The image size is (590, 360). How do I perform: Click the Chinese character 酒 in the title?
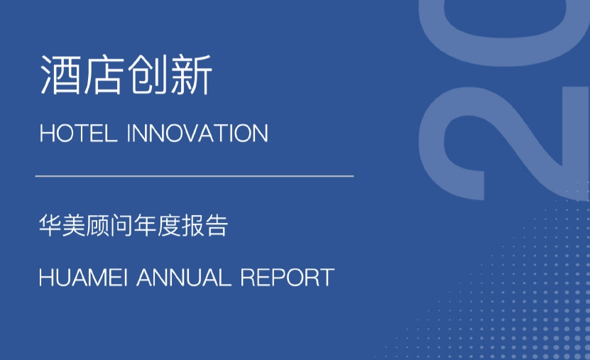click(60, 75)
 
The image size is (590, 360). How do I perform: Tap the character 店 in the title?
click(104, 75)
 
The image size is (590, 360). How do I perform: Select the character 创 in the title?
click(147, 75)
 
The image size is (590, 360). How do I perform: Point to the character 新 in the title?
click(191, 75)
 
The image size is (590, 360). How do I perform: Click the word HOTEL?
click(78, 133)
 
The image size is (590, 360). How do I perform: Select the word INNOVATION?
click(197, 133)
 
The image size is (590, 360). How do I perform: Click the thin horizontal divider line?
click(195, 175)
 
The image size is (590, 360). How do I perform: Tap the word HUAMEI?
click(83, 278)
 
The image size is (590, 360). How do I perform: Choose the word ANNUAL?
click(184, 278)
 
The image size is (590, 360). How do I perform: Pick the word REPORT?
click(287, 278)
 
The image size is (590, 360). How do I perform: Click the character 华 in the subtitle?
click(50, 225)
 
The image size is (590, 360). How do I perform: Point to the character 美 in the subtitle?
click(74, 225)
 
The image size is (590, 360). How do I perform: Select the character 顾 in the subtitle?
click(97, 225)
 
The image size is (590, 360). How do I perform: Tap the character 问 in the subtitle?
click(121, 225)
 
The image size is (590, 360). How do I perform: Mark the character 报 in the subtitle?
click(192, 225)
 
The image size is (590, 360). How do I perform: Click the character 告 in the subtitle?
click(216, 225)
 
